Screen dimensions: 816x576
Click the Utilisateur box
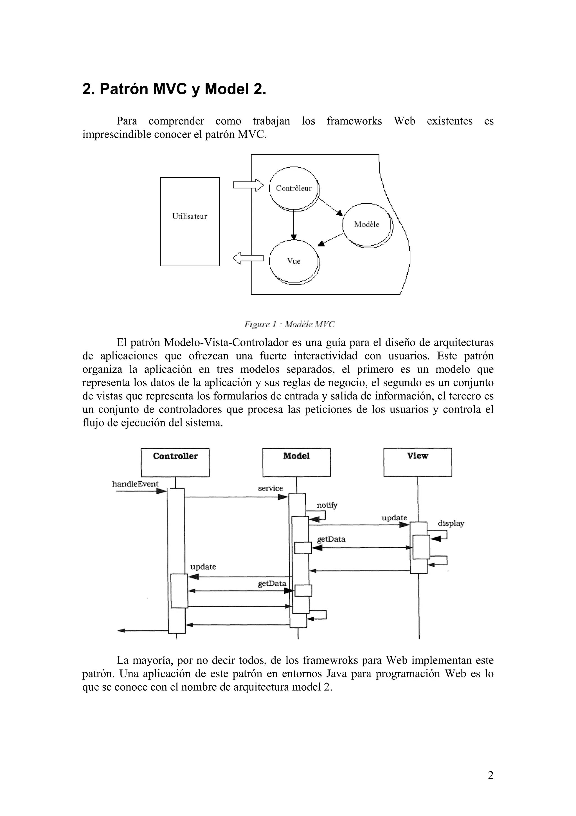click(x=190, y=221)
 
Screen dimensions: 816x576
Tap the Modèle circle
click(x=367, y=224)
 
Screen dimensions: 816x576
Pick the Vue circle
click(x=294, y=261)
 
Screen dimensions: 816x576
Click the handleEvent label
click(x=135, y=484)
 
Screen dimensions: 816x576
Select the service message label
click(x=271, y=488)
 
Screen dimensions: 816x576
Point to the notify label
click(x=327, y=505)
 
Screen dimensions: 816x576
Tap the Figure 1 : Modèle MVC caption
click(x=289, y=324)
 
